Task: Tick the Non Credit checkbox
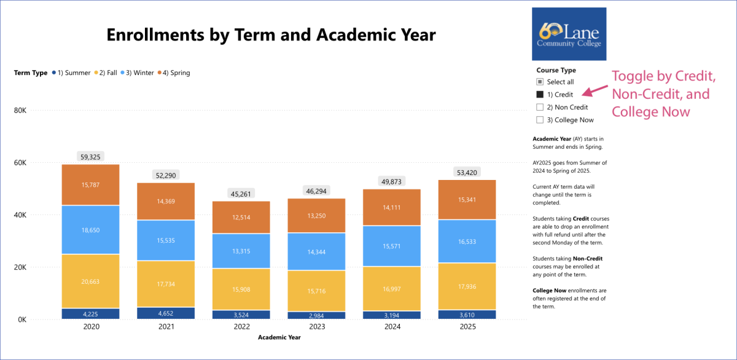540,108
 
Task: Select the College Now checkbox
540,120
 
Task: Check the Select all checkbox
540,82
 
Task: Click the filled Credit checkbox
540,95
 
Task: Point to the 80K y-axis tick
20,111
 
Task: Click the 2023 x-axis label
316,327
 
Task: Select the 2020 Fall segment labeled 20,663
90,281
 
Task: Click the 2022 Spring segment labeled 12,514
241,217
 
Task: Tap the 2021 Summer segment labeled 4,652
166,313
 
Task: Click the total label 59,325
90,157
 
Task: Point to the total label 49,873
391,181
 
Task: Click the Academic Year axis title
279,337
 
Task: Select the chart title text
271,34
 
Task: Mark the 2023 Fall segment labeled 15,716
316,291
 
